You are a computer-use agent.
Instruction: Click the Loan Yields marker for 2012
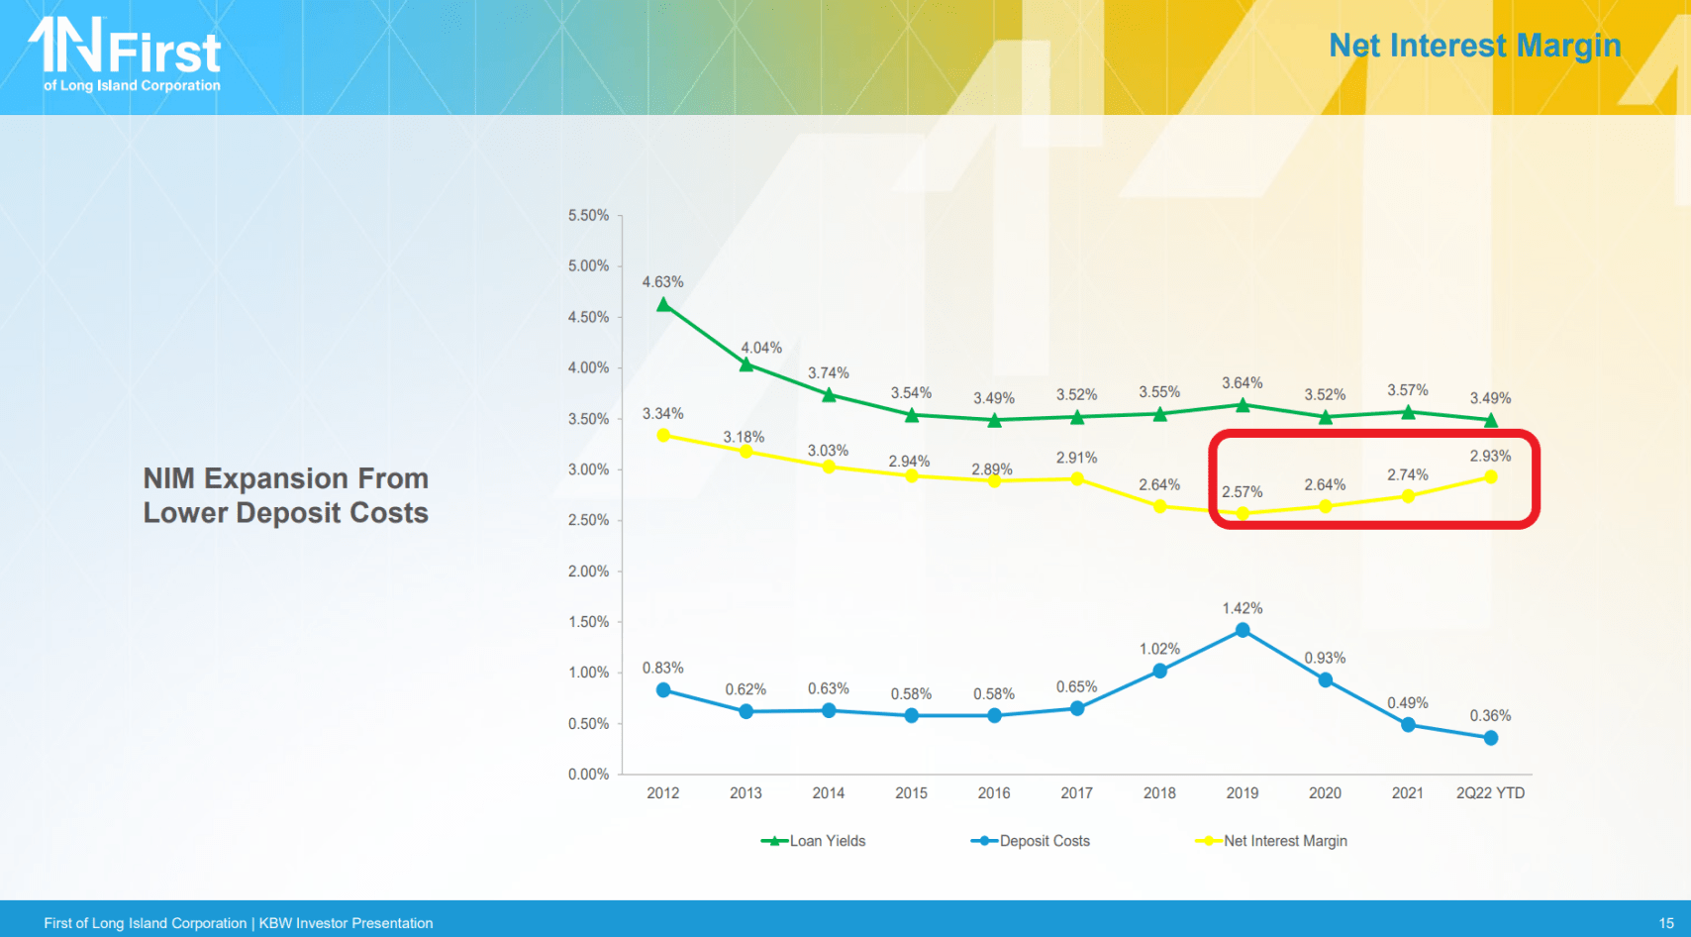click(x=663, y=305)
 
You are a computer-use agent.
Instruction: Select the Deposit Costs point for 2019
click(x=1243, y=631)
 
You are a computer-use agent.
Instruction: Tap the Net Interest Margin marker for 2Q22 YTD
click(x=1490, y=477)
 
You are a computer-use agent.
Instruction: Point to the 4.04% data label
click(x=761, y=348)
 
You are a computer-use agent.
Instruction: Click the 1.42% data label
click(x=1242, y=608)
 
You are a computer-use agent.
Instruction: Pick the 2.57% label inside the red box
click(x=1242, y=492)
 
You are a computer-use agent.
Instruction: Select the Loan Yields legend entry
click(x=814, y=841)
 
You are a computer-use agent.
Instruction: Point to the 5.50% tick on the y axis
click(x=588, y=216)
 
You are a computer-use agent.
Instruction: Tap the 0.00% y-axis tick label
click(x=588, y=775)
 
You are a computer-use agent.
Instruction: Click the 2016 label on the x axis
click(x=994, y=793)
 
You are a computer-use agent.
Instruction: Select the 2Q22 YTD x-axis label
click(x=1490, y=793)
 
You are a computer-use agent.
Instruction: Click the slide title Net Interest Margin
click(x=1474, y=46)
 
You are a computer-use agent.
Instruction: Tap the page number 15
click(x=1666, y=923)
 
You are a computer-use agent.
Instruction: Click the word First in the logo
click(x=164, y=53)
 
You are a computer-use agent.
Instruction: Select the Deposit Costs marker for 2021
click(x=1408, y=725)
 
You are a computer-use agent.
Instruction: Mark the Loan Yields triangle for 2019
click(x=1243, y=405)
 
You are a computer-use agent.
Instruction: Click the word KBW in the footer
click(x=275, y=923)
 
